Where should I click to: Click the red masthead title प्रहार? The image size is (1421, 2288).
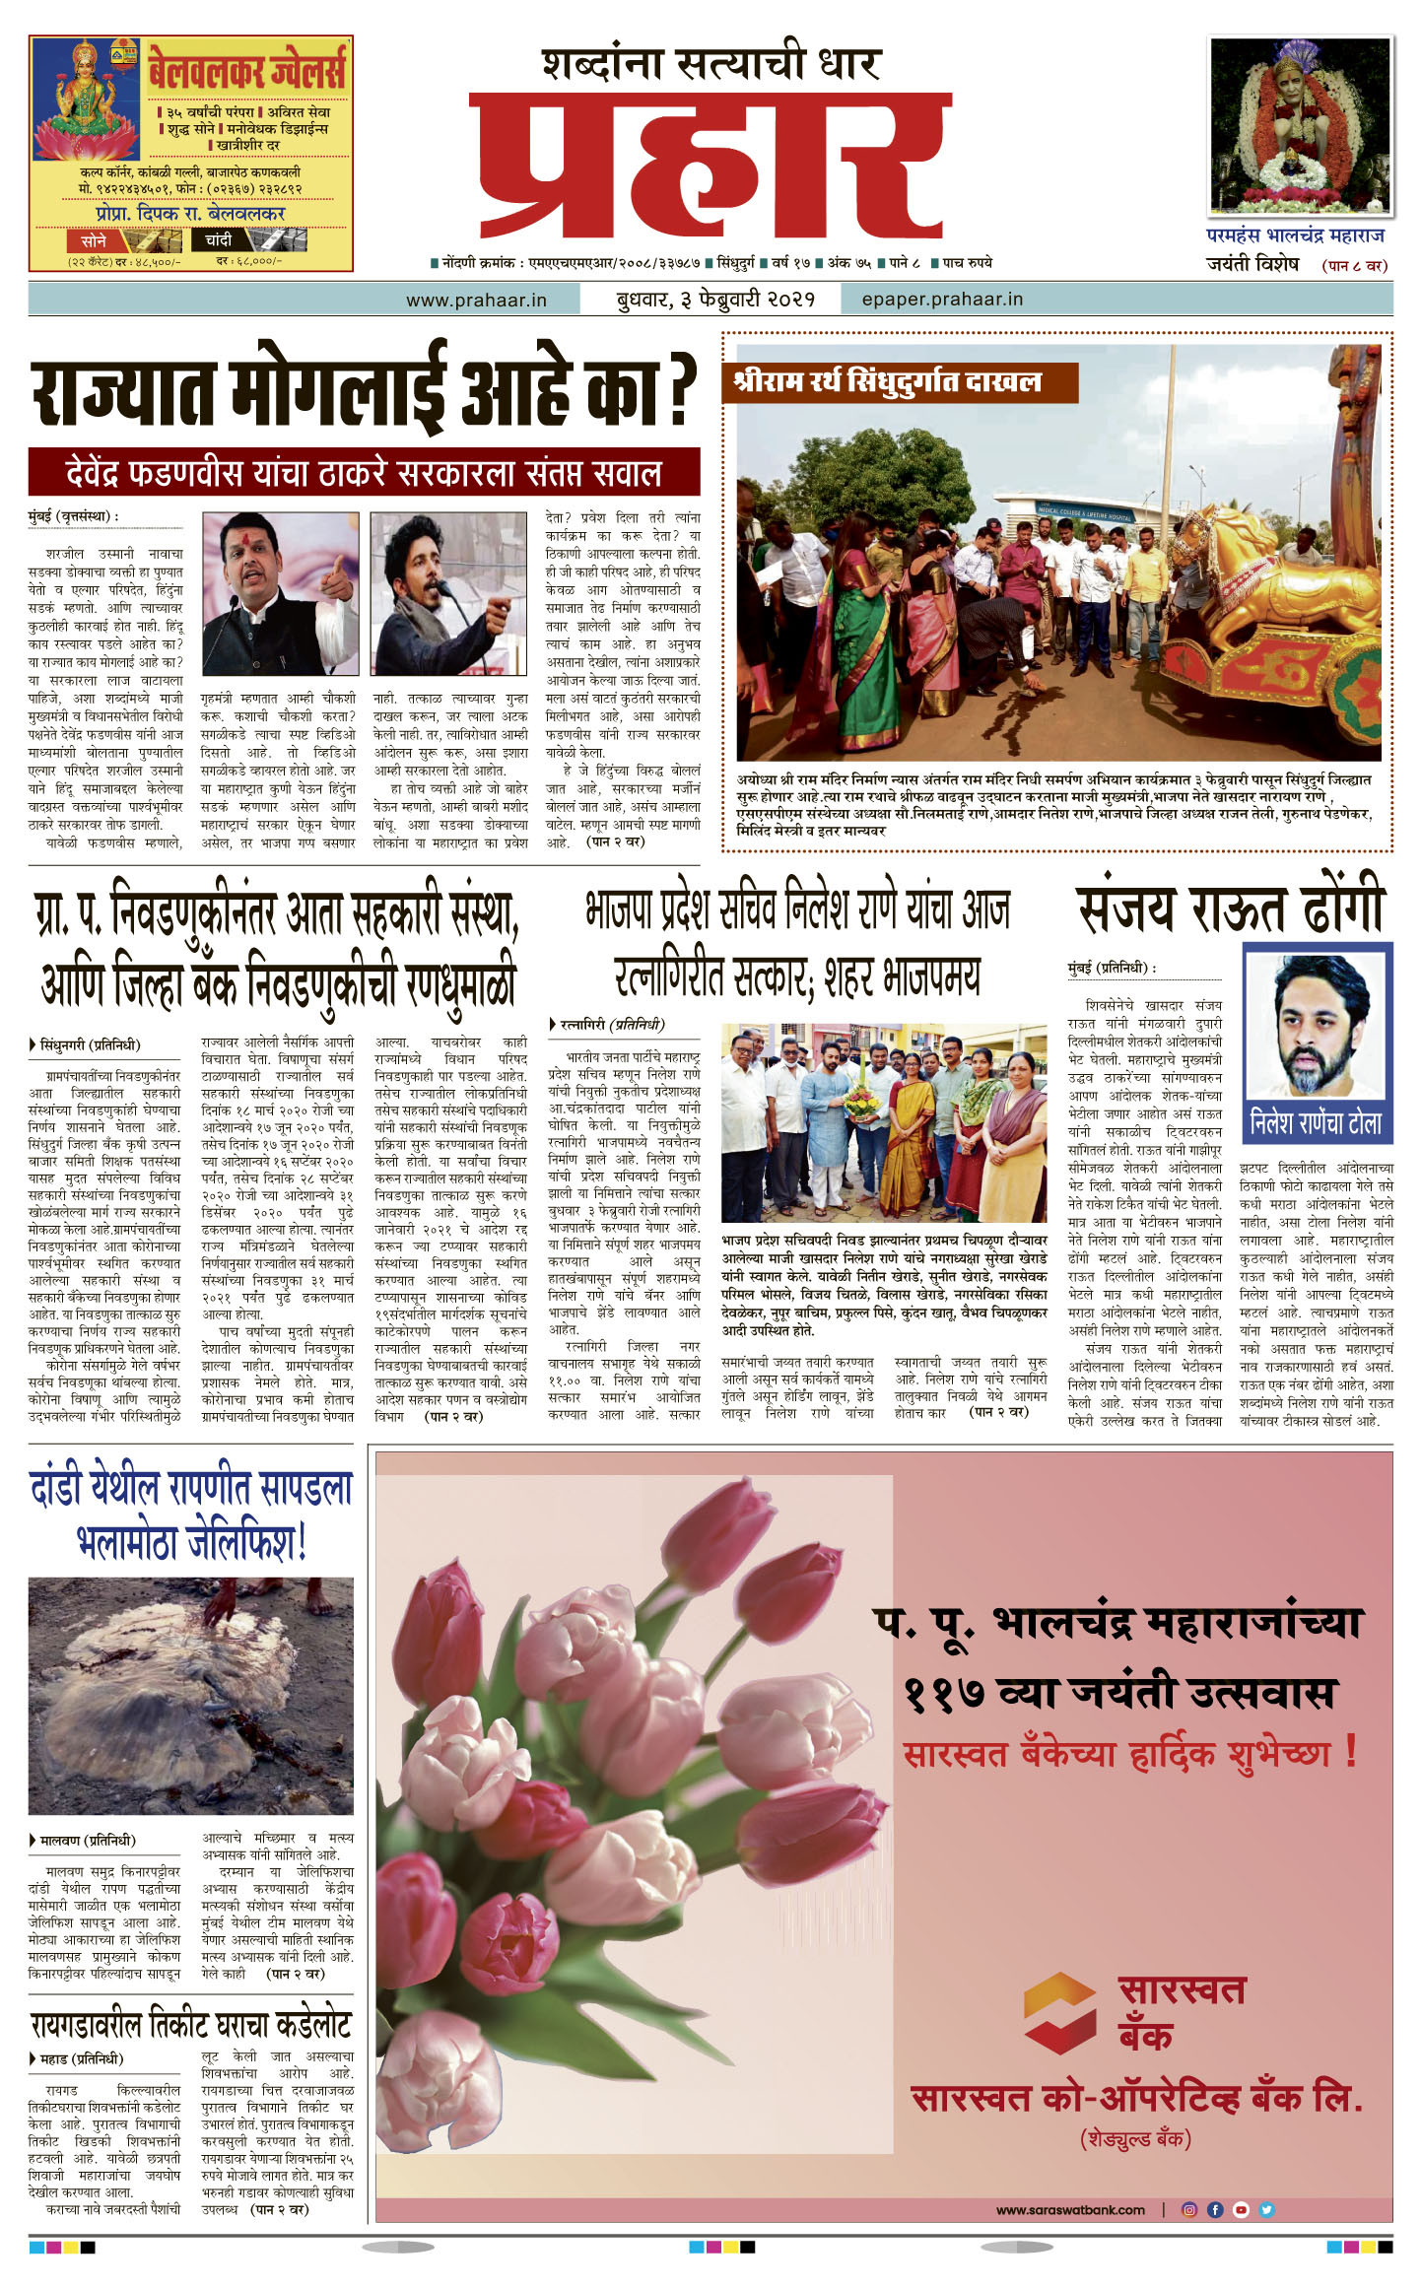tap(710, 163)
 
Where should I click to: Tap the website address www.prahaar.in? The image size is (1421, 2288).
tap(476, 300)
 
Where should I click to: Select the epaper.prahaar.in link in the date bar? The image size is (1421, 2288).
tap(941, 299)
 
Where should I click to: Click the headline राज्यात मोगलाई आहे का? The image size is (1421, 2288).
tap(363, 391)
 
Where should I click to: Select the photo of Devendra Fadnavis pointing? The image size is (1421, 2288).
tap(280, 593)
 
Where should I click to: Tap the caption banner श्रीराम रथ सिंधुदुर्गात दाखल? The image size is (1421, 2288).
tap(900, 382)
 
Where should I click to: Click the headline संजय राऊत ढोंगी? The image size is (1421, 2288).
tap(1230, 908)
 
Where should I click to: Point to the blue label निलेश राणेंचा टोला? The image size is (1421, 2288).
tap(1316, 1122)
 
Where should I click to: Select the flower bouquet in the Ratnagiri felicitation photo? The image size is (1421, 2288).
tap(860, 1100)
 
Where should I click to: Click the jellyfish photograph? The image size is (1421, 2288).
tap(190, 1696)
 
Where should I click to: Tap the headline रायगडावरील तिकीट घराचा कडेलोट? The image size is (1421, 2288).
tap(190, 2026)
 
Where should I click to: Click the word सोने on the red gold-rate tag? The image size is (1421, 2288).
tap(94, 239)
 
